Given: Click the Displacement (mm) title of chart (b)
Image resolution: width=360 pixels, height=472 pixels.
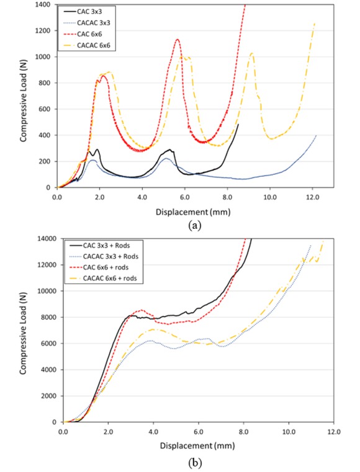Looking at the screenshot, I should coord(196,444).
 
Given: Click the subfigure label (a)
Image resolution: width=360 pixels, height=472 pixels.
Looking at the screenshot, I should coord(196,226).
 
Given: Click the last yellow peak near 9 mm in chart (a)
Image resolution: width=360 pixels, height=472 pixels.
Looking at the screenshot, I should coord(251,53).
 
